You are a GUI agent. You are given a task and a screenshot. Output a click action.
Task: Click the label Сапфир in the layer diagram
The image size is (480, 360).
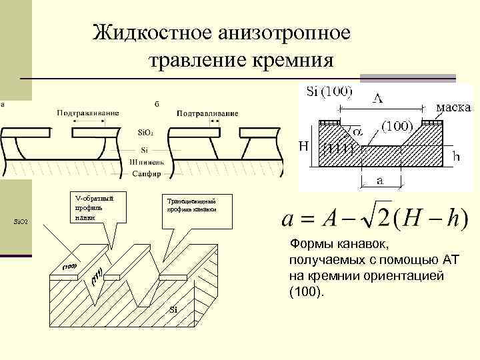click(x=145, y=173)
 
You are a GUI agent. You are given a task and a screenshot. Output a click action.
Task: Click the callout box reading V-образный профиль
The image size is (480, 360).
click(x=94, y=207)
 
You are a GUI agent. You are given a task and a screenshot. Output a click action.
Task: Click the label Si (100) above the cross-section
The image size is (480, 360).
click(x=329, y=92)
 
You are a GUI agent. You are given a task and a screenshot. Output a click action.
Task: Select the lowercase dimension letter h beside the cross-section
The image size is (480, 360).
click(x=456, y=157)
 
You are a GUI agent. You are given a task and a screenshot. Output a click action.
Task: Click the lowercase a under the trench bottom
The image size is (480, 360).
click(x=379, y=181)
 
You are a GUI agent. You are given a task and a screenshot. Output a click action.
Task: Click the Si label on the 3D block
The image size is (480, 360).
click(x=173, y=309)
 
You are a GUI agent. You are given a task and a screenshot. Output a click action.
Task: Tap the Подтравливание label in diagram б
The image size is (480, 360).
click(x=207, y=113)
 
